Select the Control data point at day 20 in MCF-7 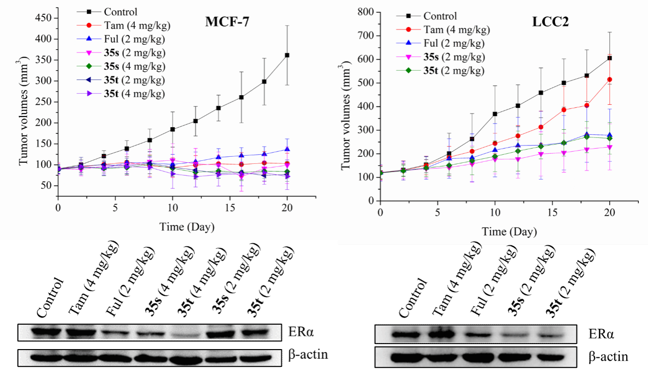[x=287, y=55]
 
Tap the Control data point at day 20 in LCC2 [x=610, y=58]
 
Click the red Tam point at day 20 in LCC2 [x=610, y=79]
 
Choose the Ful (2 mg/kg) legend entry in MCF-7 [x=135, y=39]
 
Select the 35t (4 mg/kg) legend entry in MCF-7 [x=135, y=93]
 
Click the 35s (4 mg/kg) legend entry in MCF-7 [x=135, y=66]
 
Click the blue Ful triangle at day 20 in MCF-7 [x=287, y=150]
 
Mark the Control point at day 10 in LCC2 [x=495, y=114]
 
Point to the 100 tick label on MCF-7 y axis [x=45, y=165]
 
